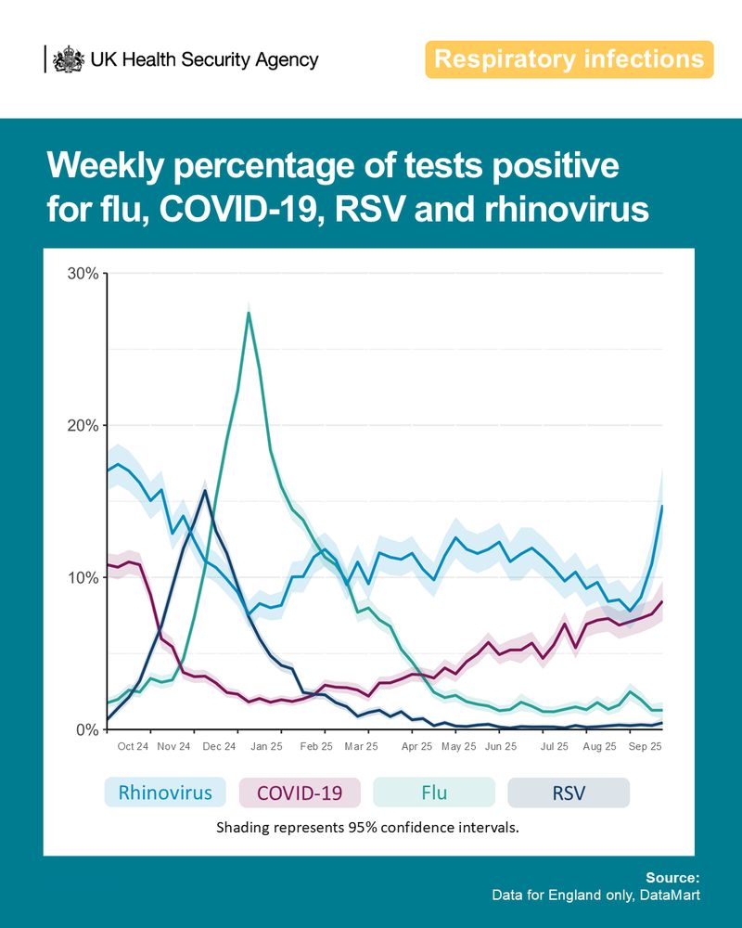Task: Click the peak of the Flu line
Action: [x=249, y=313]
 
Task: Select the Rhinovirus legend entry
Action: [x=164, y=793]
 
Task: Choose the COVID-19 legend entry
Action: [x=299, y=793]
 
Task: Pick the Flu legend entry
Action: [x=433, y=793]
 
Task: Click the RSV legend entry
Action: [x=569, y=793]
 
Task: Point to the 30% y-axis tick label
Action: [x=83, y=274]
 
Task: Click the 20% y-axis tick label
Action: [x=83, y=426]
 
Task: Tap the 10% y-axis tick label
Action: [x=83, y=578]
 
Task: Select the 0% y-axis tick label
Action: [x=86, y=730]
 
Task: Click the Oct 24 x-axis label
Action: [x=133, y=746]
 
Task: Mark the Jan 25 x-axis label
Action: [x=265, y=746]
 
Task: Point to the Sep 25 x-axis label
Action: [x=645, y=746]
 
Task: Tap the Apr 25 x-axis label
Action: [x=416, y=746]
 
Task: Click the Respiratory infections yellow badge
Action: [x=569, y=59]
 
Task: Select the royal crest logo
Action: [x=67, y=59]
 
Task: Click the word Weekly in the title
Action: [x=109, y=167]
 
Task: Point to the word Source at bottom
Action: [x=672, y=877]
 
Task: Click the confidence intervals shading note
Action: [x=367, y=827]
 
